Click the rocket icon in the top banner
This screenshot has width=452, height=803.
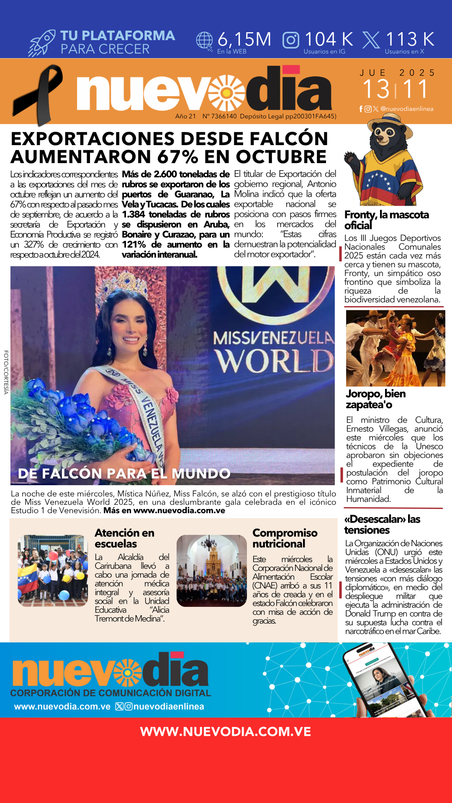coord(42,43)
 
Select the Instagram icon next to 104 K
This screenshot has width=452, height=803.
coord(291,40)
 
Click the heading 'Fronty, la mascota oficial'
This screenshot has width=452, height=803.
coord(386,220)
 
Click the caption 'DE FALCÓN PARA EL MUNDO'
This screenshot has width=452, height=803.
coord(124,473)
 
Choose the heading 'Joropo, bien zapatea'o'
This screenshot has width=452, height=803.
coord(375,399)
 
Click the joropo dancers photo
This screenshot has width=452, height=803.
coord(395,348)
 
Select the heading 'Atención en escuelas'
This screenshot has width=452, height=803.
coord(124,538)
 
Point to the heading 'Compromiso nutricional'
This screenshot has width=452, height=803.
coord(285,538)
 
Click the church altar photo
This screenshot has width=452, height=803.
coord(212,570)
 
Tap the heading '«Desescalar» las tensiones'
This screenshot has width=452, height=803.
coord(382,524)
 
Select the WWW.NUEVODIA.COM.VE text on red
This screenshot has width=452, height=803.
coord(226,731)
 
